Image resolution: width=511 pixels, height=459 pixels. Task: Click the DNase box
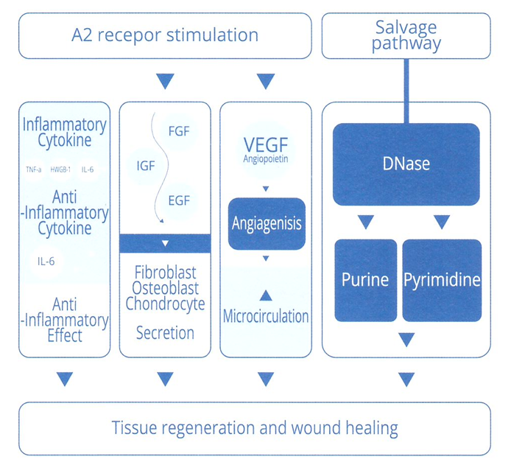click(406, 164)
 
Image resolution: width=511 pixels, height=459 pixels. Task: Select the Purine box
click(366, 281)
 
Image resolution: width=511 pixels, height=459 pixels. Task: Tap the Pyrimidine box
click(442, 281)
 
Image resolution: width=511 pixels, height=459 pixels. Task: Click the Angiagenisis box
click(267, 224)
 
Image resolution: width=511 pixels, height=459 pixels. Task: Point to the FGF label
click(179, 131)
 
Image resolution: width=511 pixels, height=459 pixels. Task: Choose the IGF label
click(146, 166)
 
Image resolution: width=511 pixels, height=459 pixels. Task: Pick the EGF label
click(179, 200)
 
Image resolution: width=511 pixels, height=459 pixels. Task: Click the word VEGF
click(266, 144)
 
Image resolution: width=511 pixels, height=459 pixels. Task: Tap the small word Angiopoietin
click(266, 159)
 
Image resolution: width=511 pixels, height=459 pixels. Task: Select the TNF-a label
click(34, 169)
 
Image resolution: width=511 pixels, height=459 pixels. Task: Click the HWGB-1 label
click(60, 169)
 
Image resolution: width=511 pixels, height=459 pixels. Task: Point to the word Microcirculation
click(266, 316)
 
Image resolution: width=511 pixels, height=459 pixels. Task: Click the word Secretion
click(165, 333)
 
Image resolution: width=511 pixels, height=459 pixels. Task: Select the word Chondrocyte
click(165, 304)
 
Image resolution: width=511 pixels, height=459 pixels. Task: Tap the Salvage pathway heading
click(406, 35)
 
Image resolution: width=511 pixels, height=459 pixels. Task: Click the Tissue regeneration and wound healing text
click(255, 428)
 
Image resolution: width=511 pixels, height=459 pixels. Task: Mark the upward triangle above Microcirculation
click(266, 295)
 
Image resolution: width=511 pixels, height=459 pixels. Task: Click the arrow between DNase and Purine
click(366, 222)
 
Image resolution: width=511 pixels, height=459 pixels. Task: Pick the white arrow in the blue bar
click(165, 243)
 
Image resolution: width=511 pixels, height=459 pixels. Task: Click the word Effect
click(65, 336)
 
